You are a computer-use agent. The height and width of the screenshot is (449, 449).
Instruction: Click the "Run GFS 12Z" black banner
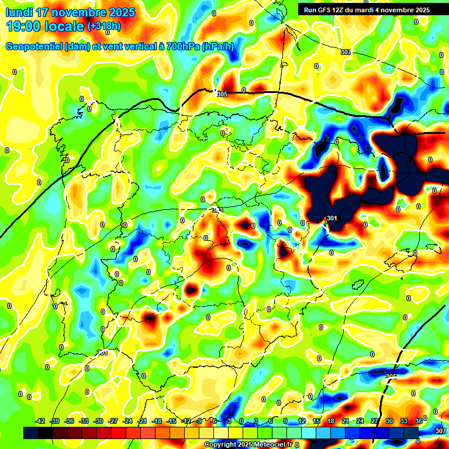coord(364,10)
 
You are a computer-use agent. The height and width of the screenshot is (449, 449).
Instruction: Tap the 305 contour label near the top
coord(222,94)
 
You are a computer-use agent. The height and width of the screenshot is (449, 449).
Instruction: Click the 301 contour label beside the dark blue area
coord(332,218)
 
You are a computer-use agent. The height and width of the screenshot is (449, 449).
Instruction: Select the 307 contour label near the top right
coord(346,53)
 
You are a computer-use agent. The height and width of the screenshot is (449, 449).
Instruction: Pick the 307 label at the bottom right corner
coord(441,431)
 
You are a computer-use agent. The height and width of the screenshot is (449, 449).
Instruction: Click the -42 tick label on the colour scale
coord(40,421)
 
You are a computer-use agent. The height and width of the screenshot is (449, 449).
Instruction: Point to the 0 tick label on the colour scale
coord(241,421)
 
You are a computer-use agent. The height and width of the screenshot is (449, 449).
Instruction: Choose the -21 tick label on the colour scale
coord(142,421)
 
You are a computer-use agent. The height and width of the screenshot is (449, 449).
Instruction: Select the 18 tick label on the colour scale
coord(331,421)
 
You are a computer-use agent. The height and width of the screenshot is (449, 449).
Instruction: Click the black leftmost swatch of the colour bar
coord(31,433)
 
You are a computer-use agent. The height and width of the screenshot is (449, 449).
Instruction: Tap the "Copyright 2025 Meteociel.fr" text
coord(248,445)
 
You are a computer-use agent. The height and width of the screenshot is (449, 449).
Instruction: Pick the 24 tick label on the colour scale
coord(360,421)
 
